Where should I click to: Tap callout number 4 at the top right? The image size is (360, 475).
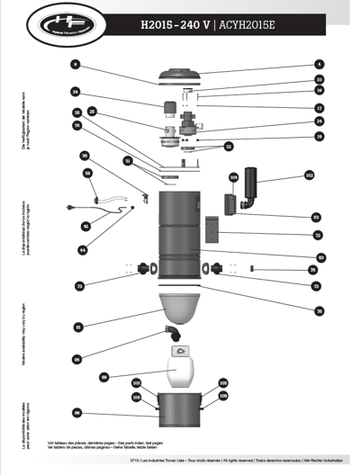(319, 65)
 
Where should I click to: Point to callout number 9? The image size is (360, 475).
(76, 65)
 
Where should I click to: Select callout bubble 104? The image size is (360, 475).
(232, 177)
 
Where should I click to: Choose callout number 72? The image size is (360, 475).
(317, 236)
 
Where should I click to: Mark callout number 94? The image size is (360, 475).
(77, 359)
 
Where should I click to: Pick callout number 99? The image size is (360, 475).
(77, 413)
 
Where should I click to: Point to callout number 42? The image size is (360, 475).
(86, 226)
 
